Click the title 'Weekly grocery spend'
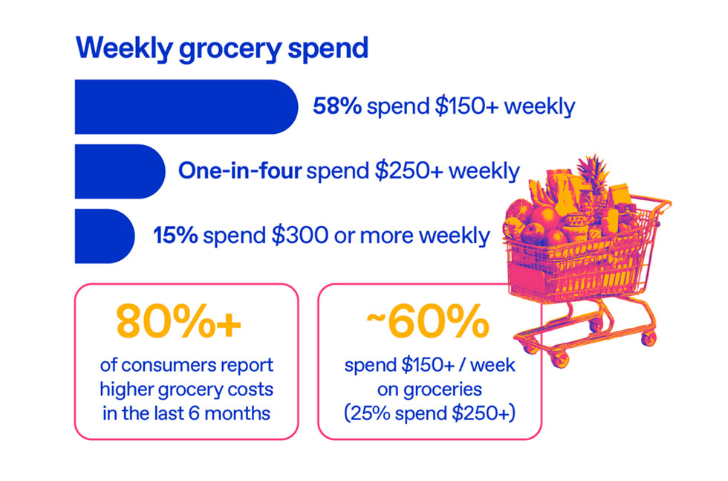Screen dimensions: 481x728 tap(221, 48)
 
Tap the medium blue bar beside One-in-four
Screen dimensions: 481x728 tap(119, 171)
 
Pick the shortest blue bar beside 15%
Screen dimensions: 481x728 tap(104, 236)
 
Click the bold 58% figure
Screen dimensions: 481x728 tap(337, 106)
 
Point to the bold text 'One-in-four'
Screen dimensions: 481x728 tap(239, 171)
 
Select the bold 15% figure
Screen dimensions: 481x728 tap(175, 236)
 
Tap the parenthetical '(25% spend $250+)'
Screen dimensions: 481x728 tap(429, 412)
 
